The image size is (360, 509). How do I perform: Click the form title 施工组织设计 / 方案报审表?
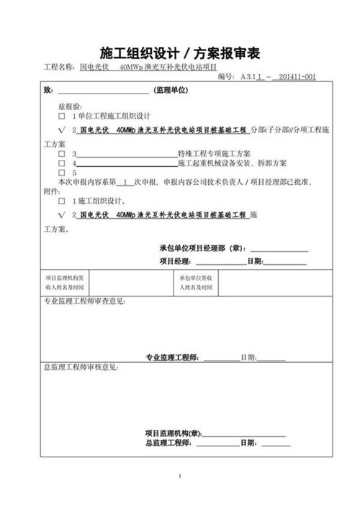(179, 53)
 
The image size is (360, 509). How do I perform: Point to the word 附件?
(52, 192)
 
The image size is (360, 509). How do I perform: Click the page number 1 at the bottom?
(179, 477)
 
